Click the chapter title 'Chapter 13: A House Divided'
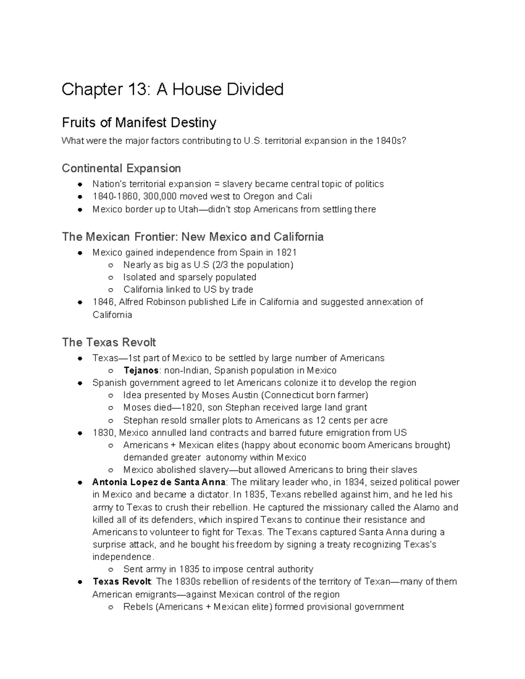point(172,90)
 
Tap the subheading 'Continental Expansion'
point(121,168)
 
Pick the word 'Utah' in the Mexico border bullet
point(188,209)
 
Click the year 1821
point(287,252)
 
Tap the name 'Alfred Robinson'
point(152,302)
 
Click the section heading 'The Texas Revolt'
point(109,342)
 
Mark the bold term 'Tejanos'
point(141,371)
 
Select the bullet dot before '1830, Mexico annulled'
point(80,433)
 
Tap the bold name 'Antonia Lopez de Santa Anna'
point(159,483)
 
